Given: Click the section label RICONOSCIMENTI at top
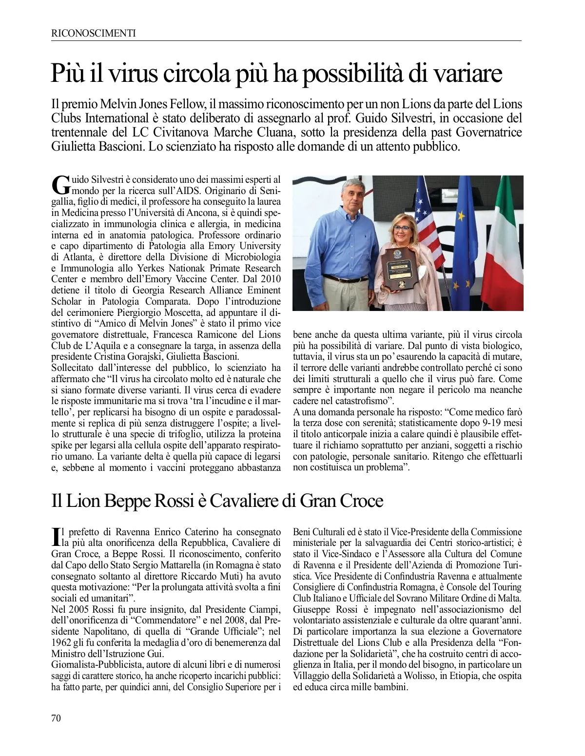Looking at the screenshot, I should tap(93, 33).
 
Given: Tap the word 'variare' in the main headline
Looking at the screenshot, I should tap(468, 74).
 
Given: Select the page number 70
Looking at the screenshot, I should tap(57, 717).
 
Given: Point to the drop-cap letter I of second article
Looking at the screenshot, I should tap(55, 536).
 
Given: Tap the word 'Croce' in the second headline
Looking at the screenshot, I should tap(359, 501).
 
